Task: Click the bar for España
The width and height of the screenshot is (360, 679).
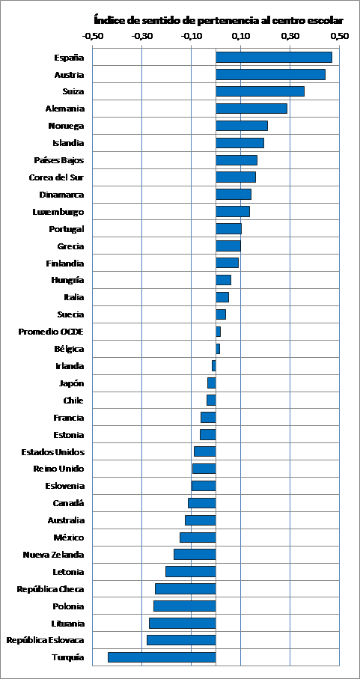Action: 274,57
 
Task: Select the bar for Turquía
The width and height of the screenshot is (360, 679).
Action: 162,657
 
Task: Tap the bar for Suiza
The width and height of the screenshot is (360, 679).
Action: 260,91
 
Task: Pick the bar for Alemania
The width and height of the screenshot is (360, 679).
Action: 251,109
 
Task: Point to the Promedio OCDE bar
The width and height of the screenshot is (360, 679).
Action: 218,332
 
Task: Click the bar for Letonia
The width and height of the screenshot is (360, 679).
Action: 191,572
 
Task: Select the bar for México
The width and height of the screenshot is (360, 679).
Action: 198,538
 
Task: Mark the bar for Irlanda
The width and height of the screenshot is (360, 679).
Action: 214,366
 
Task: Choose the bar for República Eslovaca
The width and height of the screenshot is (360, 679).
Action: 181,640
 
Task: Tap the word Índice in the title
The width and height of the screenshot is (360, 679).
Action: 106,20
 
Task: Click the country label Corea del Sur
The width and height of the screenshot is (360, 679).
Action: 56,177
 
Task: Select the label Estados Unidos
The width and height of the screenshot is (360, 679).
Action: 53,452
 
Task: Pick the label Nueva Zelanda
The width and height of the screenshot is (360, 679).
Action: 54,555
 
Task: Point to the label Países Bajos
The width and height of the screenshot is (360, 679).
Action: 59,160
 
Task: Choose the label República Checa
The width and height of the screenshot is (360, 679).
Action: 51,589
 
